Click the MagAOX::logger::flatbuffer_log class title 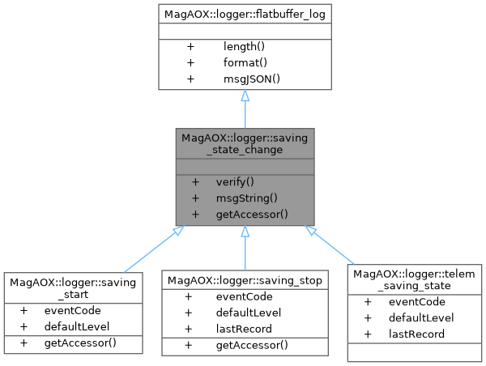coord(245,14)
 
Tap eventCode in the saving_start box coord(72,310)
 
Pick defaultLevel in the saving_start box coord(77,326)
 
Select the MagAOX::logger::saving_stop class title coord(245,280)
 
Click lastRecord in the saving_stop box coord(245,329)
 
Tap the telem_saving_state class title coord(416,280)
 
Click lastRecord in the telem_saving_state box coord(416,334)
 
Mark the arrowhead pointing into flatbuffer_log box coord(245,96)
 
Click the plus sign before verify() coord(195,182)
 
